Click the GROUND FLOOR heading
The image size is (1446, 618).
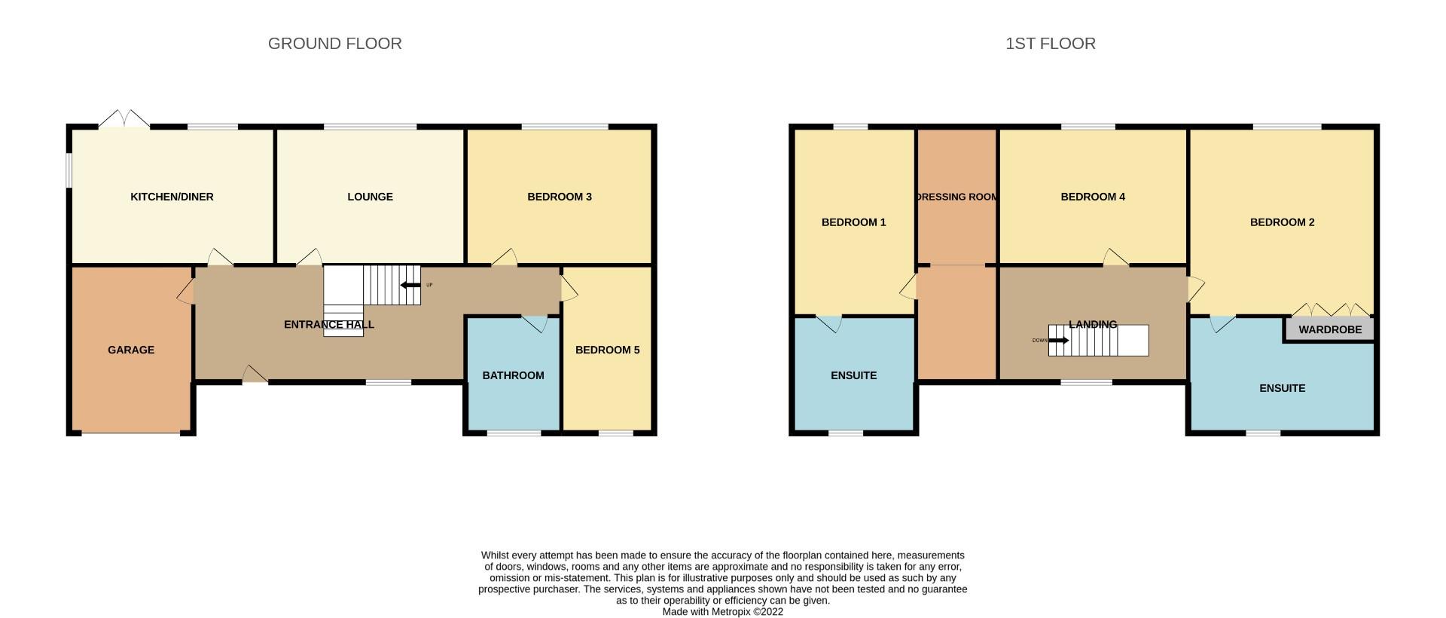[334, 44]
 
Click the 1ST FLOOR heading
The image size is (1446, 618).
[1050, 44]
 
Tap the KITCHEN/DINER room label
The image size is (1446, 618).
[172, 197]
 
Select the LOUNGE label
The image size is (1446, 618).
[370, 197]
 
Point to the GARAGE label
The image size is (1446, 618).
[131, 350]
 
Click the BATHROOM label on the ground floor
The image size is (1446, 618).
[513, 375]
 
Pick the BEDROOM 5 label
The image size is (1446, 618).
[607, 350]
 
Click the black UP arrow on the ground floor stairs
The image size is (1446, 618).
[410, 285]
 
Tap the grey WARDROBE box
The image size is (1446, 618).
[1329, 329]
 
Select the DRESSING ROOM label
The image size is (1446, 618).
[956, 197]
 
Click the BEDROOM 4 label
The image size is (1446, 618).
[1092, 197]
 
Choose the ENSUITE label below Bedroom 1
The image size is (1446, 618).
[853, 375]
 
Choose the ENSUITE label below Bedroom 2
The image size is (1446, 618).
[1282, 388]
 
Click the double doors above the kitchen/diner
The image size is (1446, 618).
[124, 118]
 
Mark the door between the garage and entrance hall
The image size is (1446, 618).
[185, 292]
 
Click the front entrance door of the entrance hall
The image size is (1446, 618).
[255, 375]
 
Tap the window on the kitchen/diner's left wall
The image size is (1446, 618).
[68, 170]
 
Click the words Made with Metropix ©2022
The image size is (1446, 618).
[722, 612]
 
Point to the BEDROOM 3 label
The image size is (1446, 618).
[559, 197]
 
